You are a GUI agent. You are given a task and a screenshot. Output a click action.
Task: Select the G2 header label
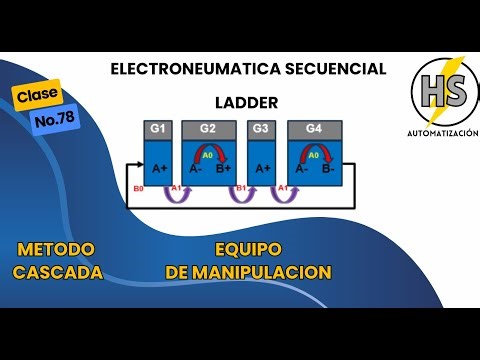(x=208, y=129)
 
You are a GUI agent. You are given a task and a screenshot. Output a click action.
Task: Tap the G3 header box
(x=261, y=129)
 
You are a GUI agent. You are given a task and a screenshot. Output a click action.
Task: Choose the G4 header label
(x=313, y=129)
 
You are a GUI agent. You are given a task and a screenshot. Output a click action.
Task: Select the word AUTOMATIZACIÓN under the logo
(x=442, y=133)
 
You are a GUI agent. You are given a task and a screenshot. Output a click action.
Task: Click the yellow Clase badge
(x=38, y=96)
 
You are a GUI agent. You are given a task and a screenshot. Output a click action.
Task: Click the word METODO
(x=56, y=249)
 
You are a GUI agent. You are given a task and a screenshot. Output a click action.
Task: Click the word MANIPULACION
(x=272, y=271)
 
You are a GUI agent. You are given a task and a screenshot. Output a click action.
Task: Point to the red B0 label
(x=138, y=188)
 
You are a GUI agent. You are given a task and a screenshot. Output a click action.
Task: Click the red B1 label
(x=240, y=188)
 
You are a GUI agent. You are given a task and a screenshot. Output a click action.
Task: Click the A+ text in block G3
(x=262, y=170)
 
